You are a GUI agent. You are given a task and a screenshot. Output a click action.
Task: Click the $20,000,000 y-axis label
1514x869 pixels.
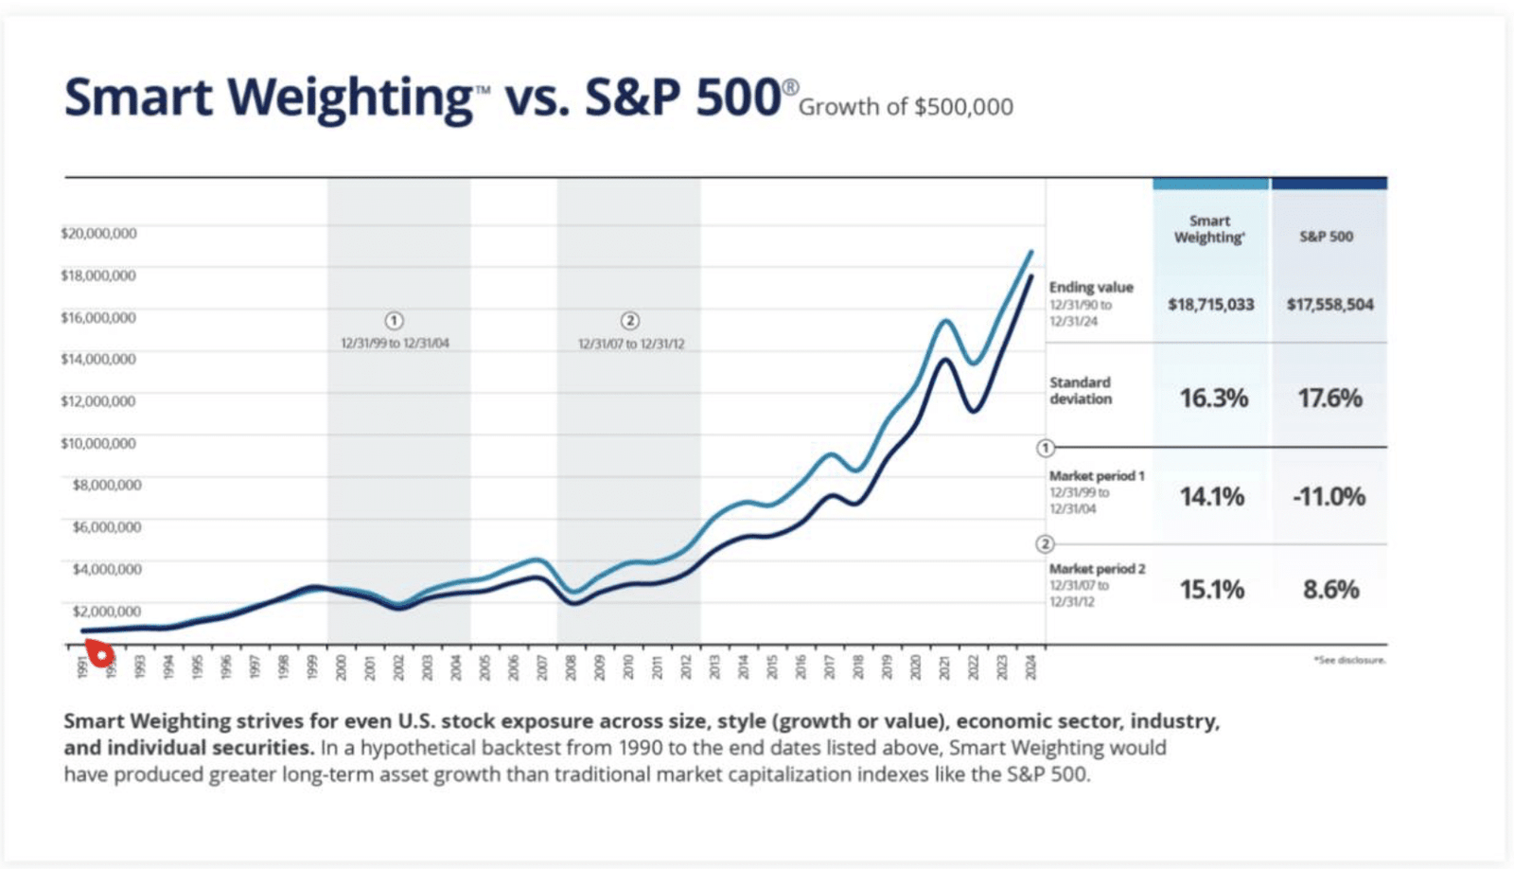pyautogui.click(x=98, y=233)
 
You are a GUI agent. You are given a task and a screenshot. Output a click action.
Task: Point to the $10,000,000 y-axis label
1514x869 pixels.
pyautogui.click(x=98, y=443)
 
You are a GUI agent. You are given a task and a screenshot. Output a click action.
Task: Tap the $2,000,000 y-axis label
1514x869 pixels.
pyautogui.click(x=106, y=612)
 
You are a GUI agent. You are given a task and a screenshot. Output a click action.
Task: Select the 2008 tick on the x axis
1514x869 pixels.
pyautogui.click(x=571, y=667)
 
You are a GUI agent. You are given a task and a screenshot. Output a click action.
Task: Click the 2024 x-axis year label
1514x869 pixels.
pyautogui.click(x=1030, y=667)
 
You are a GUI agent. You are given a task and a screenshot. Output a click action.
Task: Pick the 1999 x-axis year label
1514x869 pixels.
pyautogui.click(x=311, y=667)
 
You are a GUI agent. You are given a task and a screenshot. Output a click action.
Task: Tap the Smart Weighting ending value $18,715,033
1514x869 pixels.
pyautogui.click(x=1210, y=305)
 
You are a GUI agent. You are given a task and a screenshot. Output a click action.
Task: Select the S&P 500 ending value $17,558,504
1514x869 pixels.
pyautogui.click(x=1329, y=305)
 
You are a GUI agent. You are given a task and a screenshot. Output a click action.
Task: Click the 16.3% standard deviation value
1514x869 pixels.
pyautogui.click(x=1213, y=399)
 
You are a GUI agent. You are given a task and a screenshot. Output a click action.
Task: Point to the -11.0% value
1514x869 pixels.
pyautogui.click(x=1329, y=497)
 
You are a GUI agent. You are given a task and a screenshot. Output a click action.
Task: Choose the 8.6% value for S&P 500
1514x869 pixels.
pyautogui.click(x=1330, y=590)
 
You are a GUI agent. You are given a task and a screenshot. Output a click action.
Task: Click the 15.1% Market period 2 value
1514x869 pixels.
pyautogui.click(x=1212, y=590)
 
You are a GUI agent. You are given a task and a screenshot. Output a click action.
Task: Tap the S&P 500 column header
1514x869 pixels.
pyautogui.click(x=1327, y=237)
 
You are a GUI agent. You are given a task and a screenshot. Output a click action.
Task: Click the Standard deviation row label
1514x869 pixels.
pyautogui.click(x=1081, y=390)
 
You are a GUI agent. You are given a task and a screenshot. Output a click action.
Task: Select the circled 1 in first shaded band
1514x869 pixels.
pyautogui.click(x=395, y=321)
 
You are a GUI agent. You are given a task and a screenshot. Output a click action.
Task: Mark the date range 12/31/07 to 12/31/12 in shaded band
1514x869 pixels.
pyautogui.click(x=631, y=344)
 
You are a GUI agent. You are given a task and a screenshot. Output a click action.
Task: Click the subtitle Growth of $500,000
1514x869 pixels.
pyautogui.click(x=906, y=107)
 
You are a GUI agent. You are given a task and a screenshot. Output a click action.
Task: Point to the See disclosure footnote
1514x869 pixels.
pyautogui.click(x=1349, y=660)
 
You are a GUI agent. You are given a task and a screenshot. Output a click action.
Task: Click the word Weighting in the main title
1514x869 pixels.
pyautogui.click(x=350, y=98)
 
